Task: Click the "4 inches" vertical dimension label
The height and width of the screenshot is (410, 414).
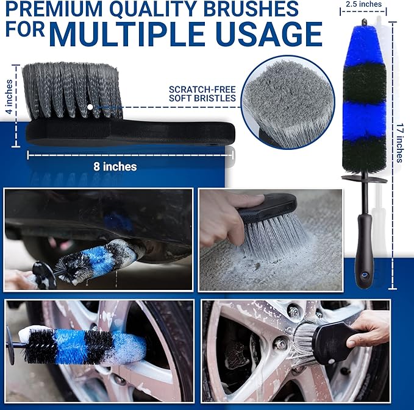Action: pos(7,97)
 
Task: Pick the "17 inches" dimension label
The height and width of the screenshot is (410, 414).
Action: pos(399,144)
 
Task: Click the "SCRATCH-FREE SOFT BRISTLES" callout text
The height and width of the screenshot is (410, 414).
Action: pos(202,93)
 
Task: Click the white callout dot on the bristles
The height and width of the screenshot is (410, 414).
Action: pos(90,107)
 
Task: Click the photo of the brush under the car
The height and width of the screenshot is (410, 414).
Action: pos(98,239)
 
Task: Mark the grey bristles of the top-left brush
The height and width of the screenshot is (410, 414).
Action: pos(70,88)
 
